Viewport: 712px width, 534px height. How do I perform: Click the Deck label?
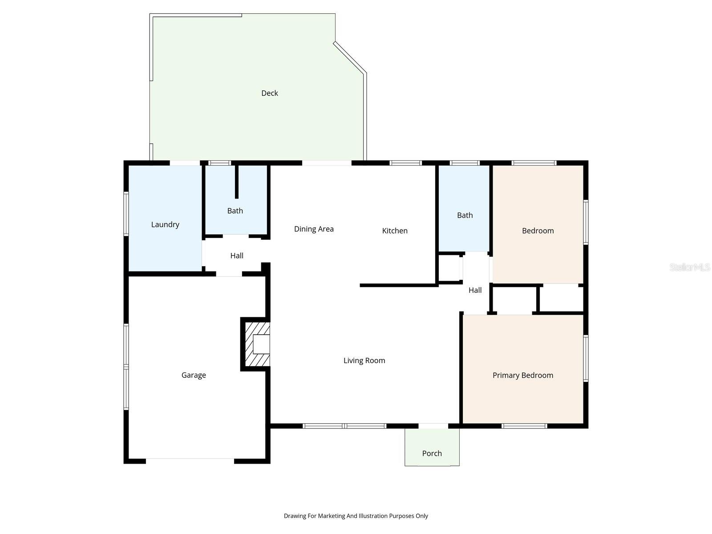(269, 93)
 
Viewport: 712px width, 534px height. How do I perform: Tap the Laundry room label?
(165, 224)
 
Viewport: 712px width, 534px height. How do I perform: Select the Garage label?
(194, 375)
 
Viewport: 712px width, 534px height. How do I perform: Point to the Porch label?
(432, 453)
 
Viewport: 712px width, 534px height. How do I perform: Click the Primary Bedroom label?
(522, 375)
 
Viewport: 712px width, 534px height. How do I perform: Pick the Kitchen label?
(395, 231)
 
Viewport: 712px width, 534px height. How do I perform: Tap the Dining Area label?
(314, 229)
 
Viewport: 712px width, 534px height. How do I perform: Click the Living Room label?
(364, 360)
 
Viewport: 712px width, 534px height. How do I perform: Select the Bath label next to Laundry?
(235, 210)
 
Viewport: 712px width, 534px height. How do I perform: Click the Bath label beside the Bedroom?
(465, 215)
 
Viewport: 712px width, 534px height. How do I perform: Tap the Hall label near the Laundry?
(237, 255)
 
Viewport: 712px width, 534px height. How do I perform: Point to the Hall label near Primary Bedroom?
(475, 290)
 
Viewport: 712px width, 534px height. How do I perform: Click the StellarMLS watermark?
(689, 267)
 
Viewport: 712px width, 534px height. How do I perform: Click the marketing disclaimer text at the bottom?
(356, 516)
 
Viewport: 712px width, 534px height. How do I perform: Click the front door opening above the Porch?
(433, 426)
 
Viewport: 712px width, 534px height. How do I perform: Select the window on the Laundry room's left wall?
(126, 214)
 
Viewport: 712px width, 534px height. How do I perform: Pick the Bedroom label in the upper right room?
(538, 231)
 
